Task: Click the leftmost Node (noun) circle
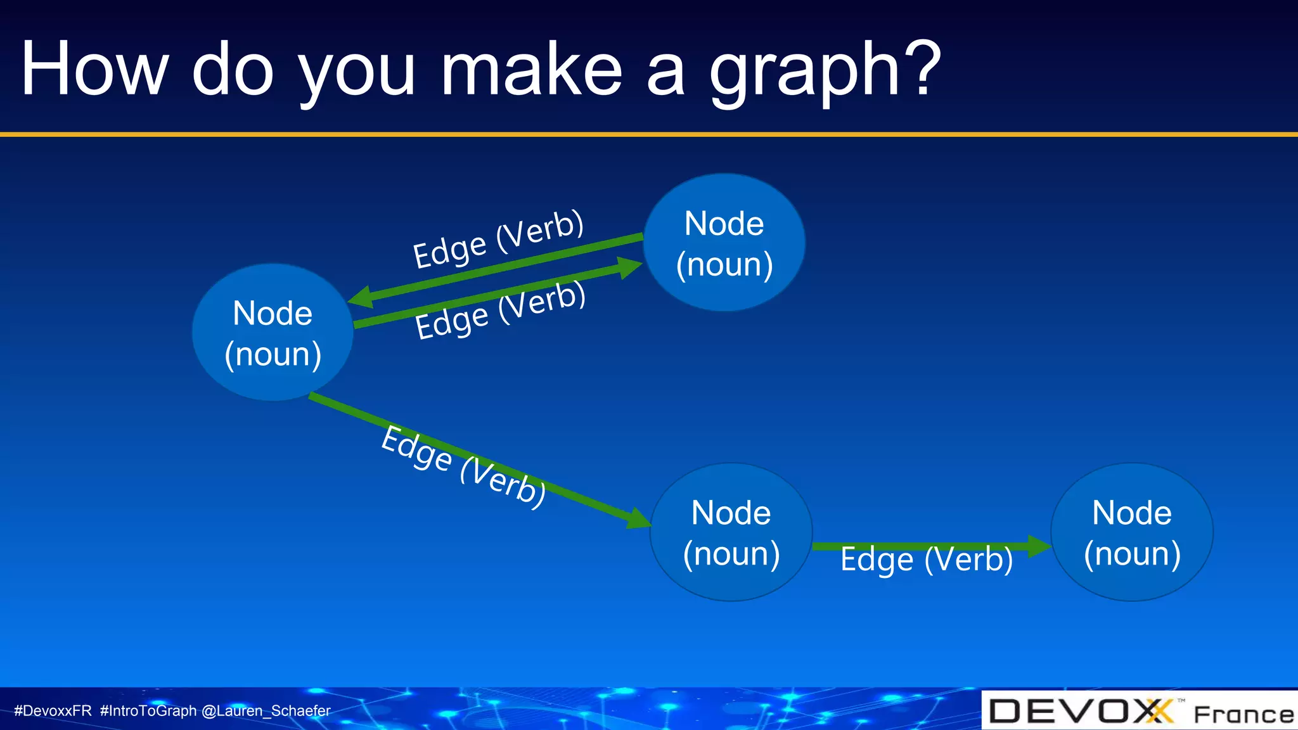tap(273, 333)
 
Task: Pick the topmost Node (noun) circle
tap(724, 243)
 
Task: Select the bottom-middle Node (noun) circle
tap(731, 532)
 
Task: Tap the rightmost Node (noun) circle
tap(1132, 532)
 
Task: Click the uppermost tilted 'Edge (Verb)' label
tap(498, 240)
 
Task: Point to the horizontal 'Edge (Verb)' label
tap(927, 560)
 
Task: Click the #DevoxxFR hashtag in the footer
tap(53, 710)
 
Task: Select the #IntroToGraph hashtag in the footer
tap(148, 710)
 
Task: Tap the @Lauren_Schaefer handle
tap(266, 710)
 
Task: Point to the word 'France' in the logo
tap(1243, 714)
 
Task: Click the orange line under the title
tap(649, 134)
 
